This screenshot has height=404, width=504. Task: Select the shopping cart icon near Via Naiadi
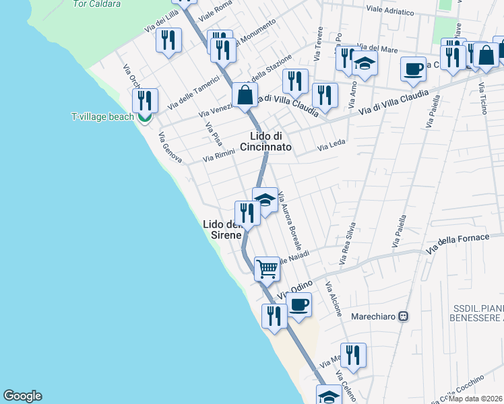pyautogui.click(x=267, y=269)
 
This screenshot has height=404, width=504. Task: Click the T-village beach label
pyautogui.click(x=103, y=116)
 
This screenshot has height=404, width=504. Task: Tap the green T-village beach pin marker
pyautogui.click(x=144, y=118)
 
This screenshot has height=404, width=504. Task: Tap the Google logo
pyautogui.click(x=22, y=396)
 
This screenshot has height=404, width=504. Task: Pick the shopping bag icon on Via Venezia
pyautogui.click(x=245, y=96)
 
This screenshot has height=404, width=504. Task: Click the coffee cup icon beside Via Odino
pyautogui.click(x=298, y=304)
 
